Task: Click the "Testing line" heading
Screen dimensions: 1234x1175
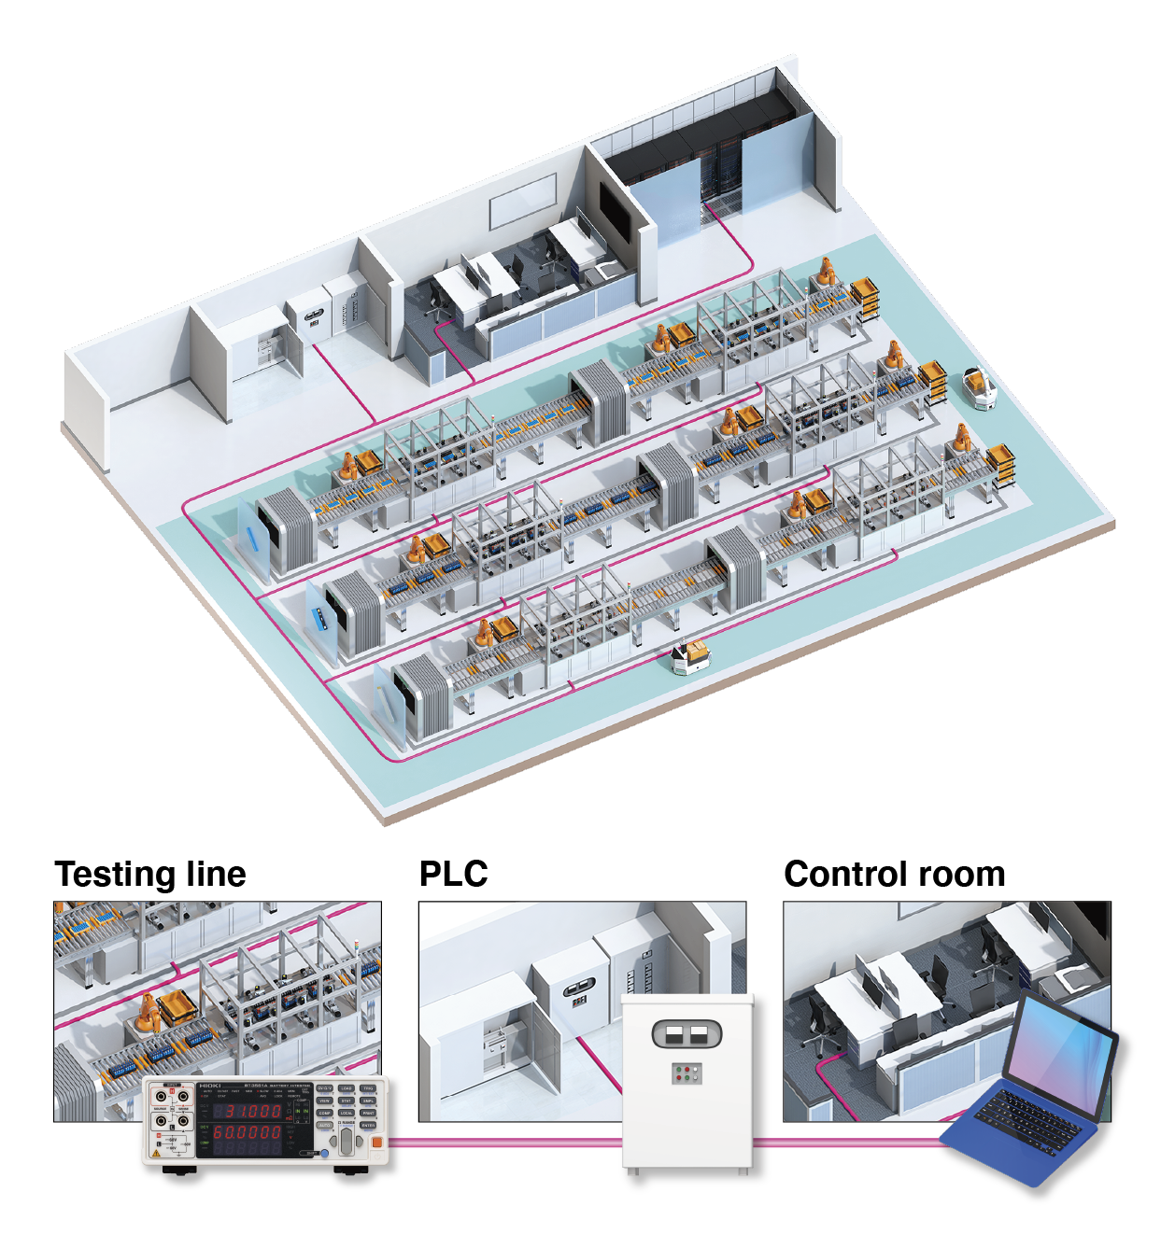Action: coord(150,875)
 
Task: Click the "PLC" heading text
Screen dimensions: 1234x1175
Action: coord(453,875)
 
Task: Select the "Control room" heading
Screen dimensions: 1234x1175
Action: coord(894,875)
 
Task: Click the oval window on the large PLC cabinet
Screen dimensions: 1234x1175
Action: coord(687,1033)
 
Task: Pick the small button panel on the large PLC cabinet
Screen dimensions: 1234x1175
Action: coord(687,1073)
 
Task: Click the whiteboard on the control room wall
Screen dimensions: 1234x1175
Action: coord(523,205)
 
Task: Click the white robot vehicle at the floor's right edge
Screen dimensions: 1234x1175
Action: coord(978,387)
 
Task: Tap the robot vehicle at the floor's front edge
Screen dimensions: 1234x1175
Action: coord(688,657)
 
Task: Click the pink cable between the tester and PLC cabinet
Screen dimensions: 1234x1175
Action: coord(504,1142)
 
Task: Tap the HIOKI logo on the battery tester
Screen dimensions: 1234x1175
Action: coord(209,1086)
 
